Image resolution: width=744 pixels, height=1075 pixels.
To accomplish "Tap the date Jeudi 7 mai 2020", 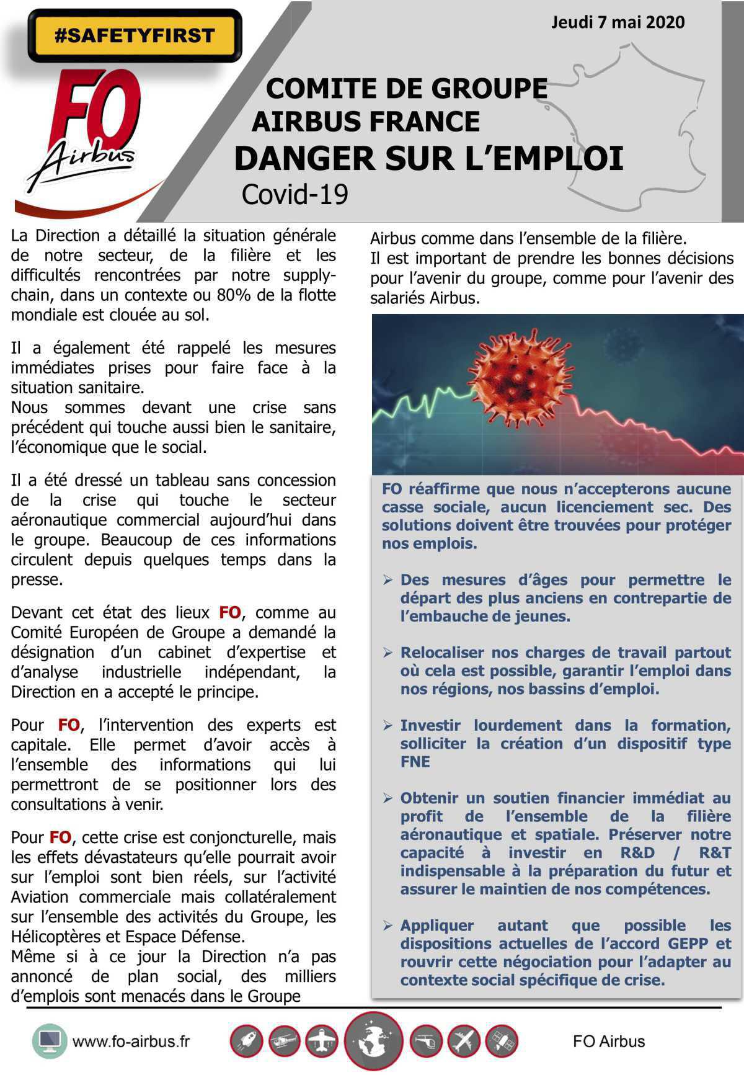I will (618, 23).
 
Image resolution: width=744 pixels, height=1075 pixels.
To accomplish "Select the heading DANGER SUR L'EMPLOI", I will (428, 159).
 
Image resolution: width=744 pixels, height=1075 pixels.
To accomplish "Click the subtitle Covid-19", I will (294, 194).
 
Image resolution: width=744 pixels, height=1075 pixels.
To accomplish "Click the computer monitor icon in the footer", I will (49, 1041).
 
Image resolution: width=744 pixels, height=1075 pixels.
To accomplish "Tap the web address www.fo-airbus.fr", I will (131, 1042).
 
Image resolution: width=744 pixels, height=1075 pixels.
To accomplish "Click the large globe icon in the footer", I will (373, 1042).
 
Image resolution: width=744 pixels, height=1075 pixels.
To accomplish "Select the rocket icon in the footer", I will (246, 1042).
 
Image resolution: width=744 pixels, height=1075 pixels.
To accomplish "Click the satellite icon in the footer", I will (501, 1042).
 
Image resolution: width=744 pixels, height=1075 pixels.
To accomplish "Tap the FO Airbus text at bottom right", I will (608, 1042).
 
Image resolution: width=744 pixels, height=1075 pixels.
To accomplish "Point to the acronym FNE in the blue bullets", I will (415, 762).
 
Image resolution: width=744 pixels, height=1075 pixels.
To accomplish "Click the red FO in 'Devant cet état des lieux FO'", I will (229, 613).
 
